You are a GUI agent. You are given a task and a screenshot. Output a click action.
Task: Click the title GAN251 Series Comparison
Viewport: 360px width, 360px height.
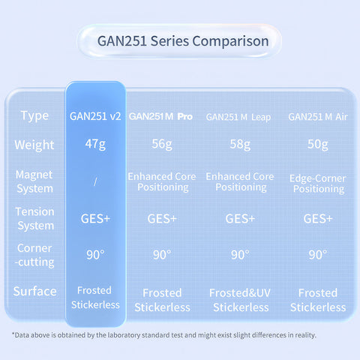click(x=183, y=41)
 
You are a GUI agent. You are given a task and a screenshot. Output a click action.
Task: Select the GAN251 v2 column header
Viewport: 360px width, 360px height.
click(x=95, y=116)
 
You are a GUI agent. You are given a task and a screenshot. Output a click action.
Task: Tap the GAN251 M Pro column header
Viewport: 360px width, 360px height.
click(x=160, y=116)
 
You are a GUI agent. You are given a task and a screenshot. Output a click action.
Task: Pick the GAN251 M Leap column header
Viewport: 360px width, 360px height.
click(x=238, y=117)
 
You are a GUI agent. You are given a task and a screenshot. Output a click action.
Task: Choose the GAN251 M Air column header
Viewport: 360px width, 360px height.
click(x=318, y=117)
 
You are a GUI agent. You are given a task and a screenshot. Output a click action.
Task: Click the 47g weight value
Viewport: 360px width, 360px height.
click(x=95, y=145)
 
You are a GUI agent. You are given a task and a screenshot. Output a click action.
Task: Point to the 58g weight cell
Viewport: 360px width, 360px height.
click(x=240, y=145)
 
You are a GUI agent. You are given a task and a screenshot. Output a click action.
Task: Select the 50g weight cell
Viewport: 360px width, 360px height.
click(x=318, y=145)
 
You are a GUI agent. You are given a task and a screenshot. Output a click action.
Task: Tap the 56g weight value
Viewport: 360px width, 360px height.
click(x=162, y=145)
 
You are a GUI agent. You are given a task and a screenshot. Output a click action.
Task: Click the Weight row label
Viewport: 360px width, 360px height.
click(x=34, y=145)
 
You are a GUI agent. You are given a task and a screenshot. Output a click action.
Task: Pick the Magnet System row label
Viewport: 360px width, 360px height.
click(x=34, y=181)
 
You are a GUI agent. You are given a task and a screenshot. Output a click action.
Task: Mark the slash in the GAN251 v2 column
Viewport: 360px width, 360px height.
click(x=95, y=181)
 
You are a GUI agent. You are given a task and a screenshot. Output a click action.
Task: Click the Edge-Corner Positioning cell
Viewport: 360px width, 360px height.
click(x=318, y=184)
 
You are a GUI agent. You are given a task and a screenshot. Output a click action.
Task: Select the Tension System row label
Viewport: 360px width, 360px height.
click(x=35, y=219)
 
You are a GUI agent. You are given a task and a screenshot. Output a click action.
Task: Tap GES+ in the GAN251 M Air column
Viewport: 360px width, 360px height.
click(x=318, y=219)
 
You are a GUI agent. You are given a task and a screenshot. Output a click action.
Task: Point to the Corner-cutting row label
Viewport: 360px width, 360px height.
click(x=34, y=256)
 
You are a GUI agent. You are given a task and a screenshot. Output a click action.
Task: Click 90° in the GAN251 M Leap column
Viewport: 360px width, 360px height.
click(x=240, y=255)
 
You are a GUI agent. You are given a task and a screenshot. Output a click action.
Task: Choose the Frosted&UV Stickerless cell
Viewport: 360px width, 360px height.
click(x=240, y=300)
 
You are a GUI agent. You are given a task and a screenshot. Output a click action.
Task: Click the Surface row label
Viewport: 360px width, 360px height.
click(x=34, y=292)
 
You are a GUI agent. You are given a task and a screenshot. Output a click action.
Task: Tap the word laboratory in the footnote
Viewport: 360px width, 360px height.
click(x=124, y=335)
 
